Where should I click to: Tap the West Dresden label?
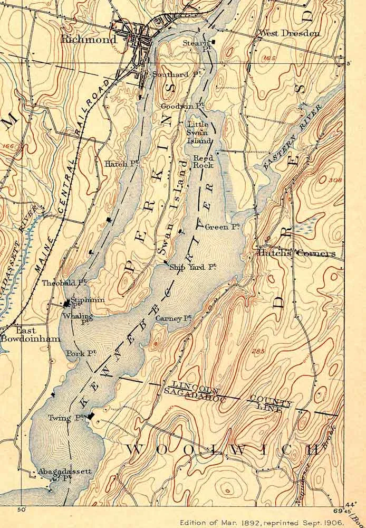pyautogui.click(x=288, y=33)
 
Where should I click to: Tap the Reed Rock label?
pyautogui.click(x=203, y=162)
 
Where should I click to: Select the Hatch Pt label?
pyautogui.click(x=121, y=164)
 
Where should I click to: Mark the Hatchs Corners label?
pyautogui.click(x=296, y=253)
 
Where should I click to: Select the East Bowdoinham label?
pyautogui.click(x=30, y=334)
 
